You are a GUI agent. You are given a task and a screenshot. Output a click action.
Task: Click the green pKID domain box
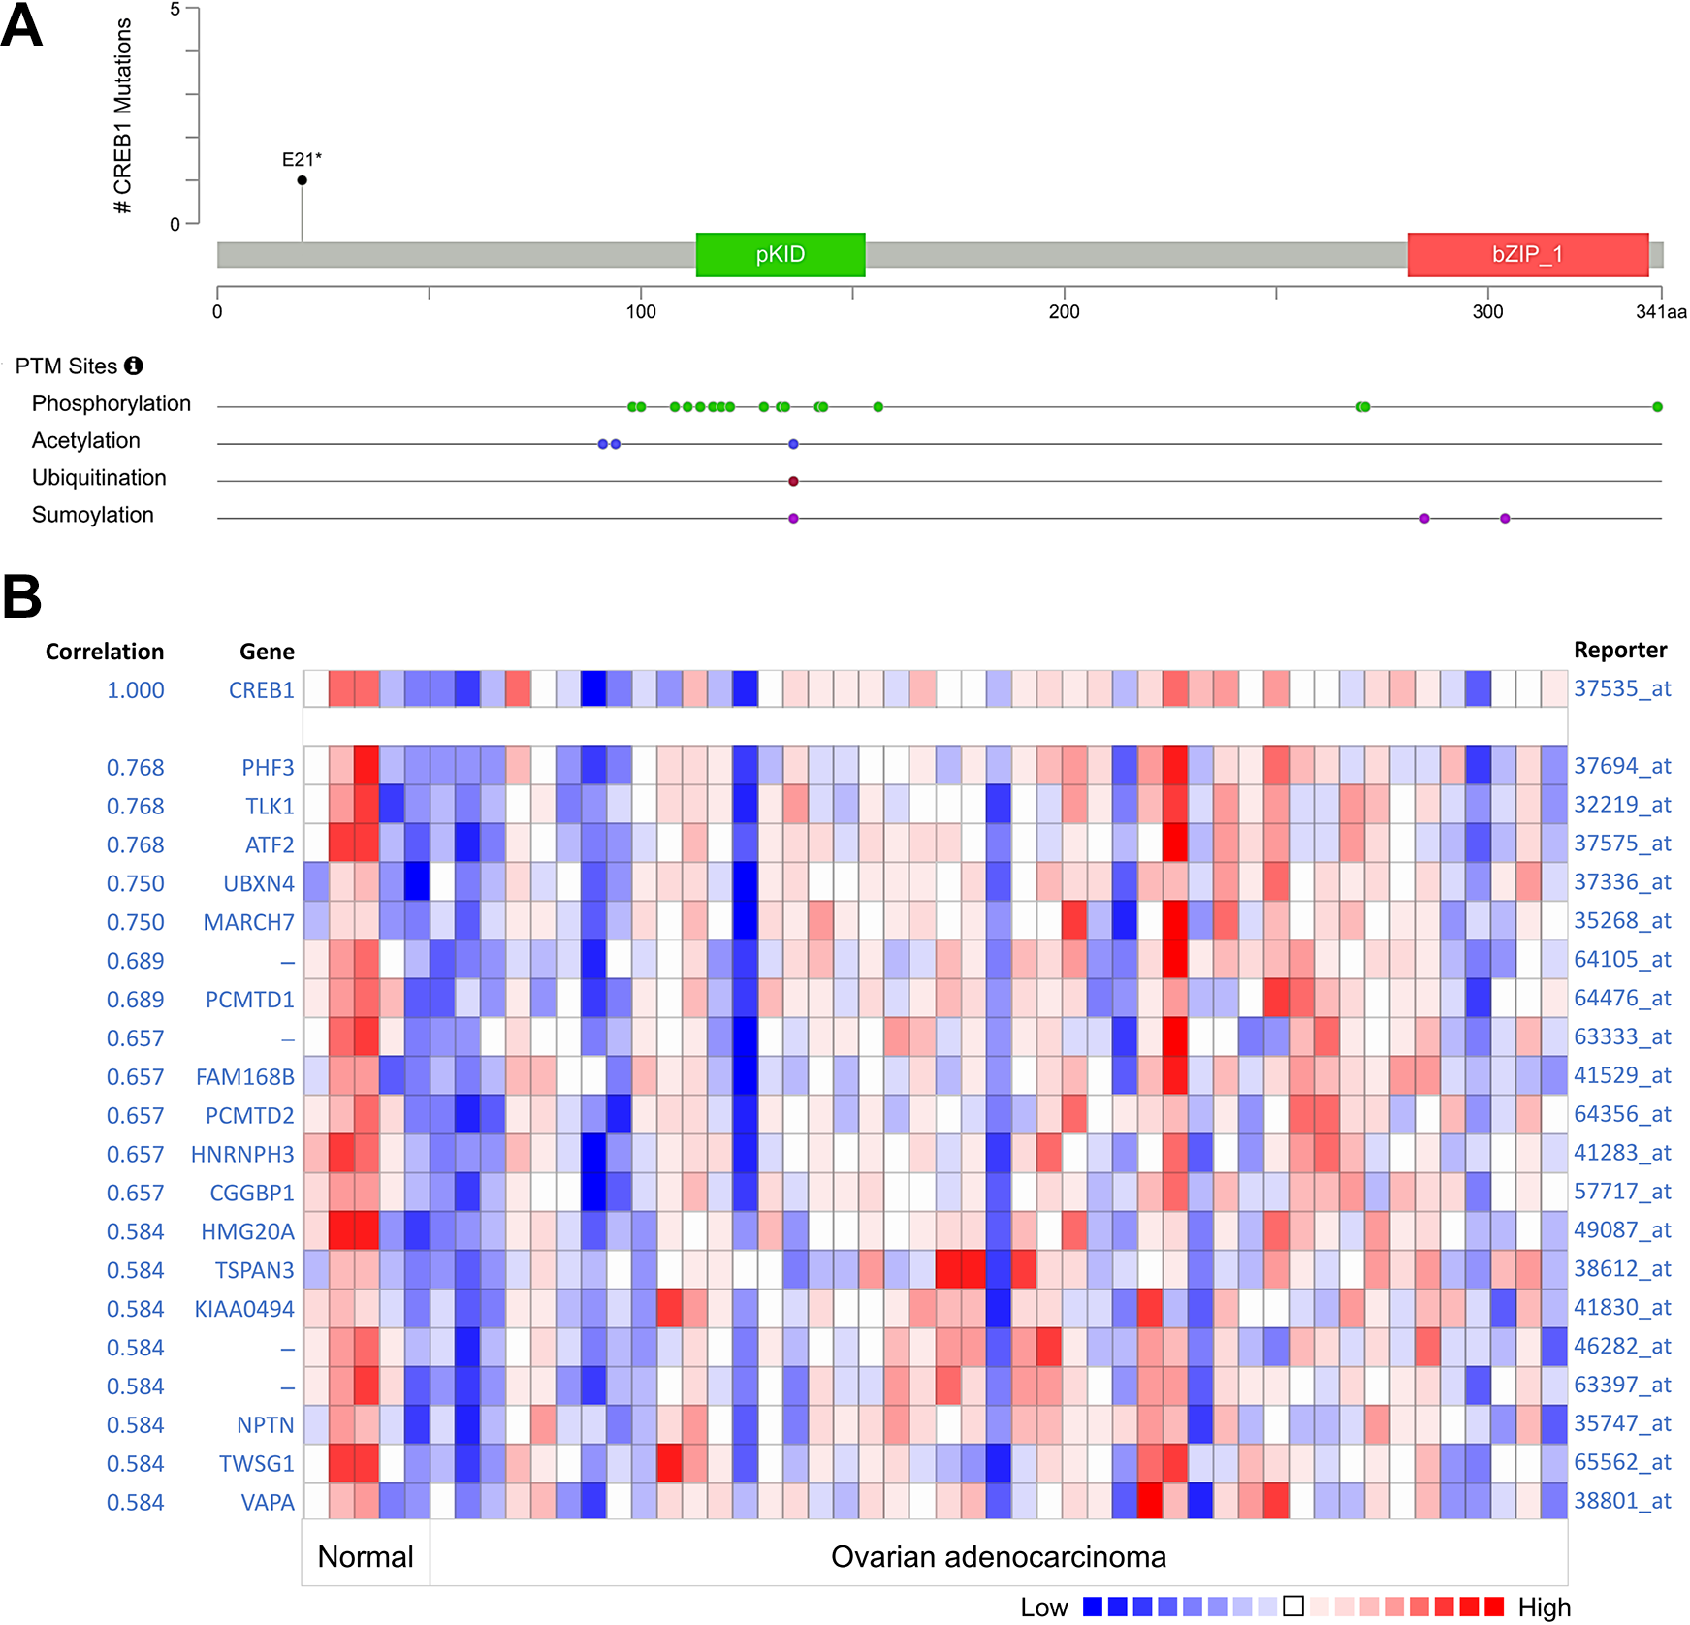[780, 255]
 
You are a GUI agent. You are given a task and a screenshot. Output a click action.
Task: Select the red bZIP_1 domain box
[1527, 255]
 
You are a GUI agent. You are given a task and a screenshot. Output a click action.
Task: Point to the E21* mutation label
[302, 159]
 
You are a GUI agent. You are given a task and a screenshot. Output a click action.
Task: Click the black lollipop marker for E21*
[303, 180]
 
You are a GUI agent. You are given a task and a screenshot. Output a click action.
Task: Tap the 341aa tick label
[1661, 312]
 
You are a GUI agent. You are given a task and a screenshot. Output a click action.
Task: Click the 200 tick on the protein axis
[1064, 312]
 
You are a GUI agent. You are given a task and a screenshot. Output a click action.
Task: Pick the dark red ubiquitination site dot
[793, 481]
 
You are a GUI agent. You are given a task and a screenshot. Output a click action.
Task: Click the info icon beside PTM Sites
[134, 366]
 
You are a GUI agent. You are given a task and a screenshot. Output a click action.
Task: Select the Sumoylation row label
[93, 515]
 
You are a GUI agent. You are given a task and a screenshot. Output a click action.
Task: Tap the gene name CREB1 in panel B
[261, 690]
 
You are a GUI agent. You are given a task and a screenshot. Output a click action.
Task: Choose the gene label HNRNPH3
[242, 1155]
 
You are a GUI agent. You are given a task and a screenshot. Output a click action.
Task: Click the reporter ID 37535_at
[1622, 688]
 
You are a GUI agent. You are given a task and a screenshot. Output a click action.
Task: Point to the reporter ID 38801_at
[1622, 1501]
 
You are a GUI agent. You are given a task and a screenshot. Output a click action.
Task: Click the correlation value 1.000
[135, 690]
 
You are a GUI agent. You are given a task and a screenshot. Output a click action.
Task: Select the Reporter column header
[1619, 650]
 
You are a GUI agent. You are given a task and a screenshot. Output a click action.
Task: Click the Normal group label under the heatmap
[366, 1556]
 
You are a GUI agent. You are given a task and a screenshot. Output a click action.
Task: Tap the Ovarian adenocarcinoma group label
[998, 1556]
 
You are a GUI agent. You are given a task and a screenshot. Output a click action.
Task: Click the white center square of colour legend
[1292, 1607]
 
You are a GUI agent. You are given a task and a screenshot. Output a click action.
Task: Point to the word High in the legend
[1544, 1608]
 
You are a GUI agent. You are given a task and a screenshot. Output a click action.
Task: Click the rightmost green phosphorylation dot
[1657, 407]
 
